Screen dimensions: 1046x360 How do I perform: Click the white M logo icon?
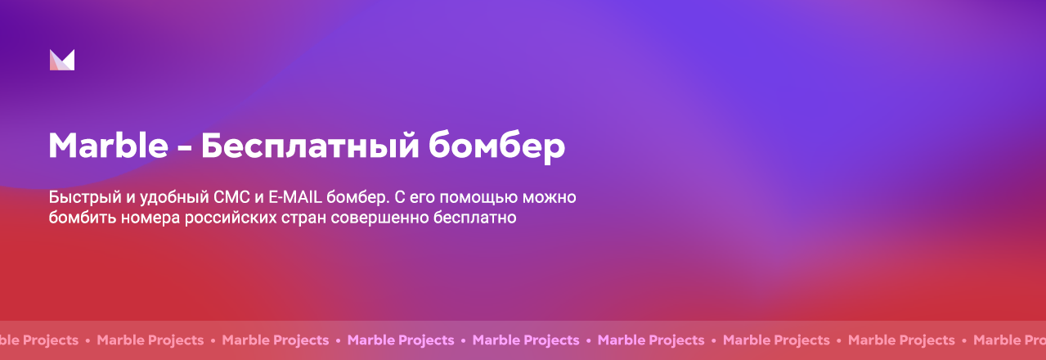pyautogui.click(x=62, y=60)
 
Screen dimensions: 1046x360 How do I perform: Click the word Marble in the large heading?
pyautogui.click(x=108, y=145)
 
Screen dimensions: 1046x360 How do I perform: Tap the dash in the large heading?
pyautogui.click(x=185, y=147)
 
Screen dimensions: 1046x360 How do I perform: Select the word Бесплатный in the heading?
pyautogui.click(x=310, y=146)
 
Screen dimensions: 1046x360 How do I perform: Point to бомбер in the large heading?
pyautogui.click(x=497, y=146)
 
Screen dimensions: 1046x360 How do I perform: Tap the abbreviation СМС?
pyautogui.click(x=231, y=197)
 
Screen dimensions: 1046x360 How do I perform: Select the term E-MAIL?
pyautogui.click(x=295, y=197)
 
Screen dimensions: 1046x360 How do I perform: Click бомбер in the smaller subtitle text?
pyautogui.click(x=357, y=197)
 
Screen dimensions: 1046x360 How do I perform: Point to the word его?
pyautogui.click(x=422, y=199)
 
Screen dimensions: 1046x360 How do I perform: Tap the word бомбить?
pyautogui.click(x=82, y=218)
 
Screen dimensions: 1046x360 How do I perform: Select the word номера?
pyautogui.click(x=150, y=219)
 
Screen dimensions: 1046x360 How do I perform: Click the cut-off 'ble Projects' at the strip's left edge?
pyautogui.click(x=39, y=340)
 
